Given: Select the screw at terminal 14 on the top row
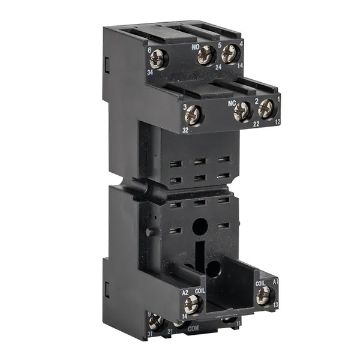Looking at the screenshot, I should [x=230, y=54].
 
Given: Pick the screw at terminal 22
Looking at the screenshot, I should [x=242, y=110].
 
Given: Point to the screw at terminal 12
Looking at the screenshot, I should [x=266, y=109].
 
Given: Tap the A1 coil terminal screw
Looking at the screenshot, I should [x=263, y=295].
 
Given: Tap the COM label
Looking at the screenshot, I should [x=193, y=329].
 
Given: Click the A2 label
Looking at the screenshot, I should [x=185, y=292].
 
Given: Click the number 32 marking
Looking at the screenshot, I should [x=186, y=129].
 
